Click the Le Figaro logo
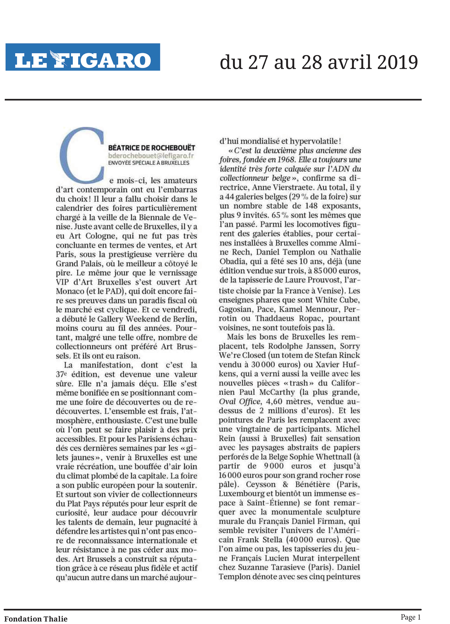click(83, 57)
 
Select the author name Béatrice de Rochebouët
click(152, 148)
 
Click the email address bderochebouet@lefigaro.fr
click(151, 155)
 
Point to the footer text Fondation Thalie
click(36, 619)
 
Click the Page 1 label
click(411, 617)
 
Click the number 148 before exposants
click(311, 206)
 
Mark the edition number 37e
click(62, 374)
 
